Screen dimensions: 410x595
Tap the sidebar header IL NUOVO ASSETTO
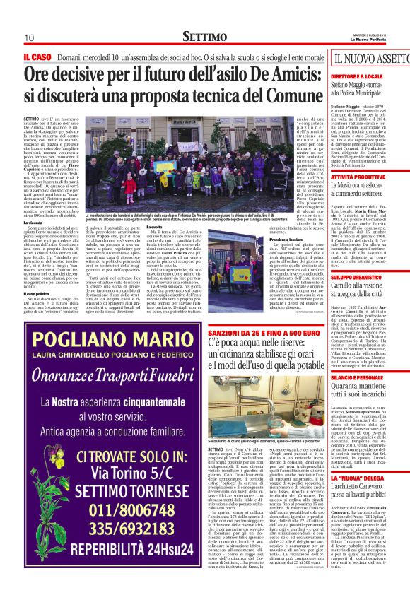click(371, 59)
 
